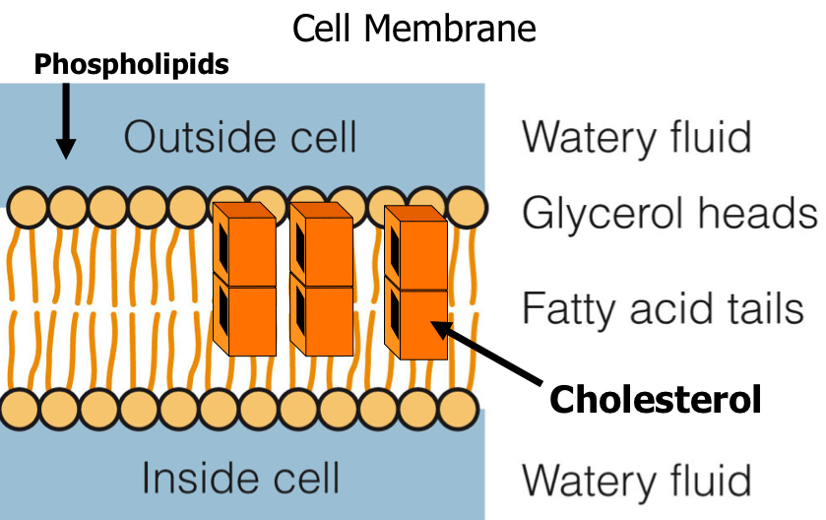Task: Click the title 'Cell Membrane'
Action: [x=413, y=29]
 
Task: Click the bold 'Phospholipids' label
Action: [x=131, y=66]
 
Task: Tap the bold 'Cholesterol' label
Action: [x=655, y=399]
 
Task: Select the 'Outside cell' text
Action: [x=240, y=138]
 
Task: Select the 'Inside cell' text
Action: [x=240, y=478]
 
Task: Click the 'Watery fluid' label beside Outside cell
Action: [x=636, y=137]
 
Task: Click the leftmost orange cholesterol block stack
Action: [x=244, y=278]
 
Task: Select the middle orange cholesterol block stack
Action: [x=321, y=278]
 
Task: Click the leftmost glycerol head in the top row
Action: [x=28, y=208]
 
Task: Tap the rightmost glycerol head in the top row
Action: [x=467, y=208]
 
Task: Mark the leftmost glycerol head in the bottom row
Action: [x=21, y=407]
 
